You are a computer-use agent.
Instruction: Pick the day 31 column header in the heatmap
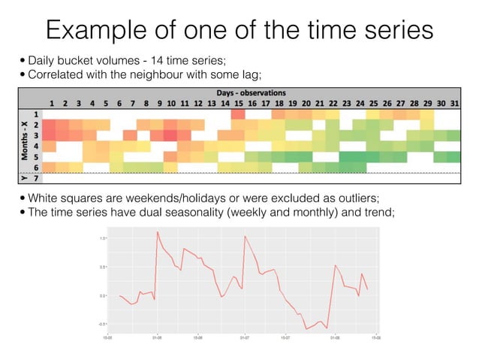coord(453,103)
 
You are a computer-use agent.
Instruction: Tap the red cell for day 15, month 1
coord(238,113)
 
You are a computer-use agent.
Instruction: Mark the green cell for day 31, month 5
coord(453,156)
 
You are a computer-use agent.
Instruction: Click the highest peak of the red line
coord(158,232)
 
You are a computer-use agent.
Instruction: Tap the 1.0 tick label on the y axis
coord(101,238)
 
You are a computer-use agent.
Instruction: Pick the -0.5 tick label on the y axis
coord(101,324)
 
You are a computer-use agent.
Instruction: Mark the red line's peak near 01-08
coord(336,265)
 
